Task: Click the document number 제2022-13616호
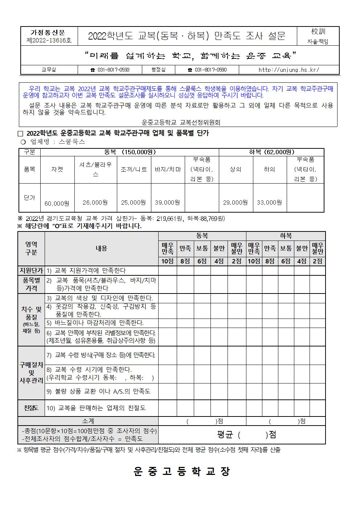(x=49, y=41)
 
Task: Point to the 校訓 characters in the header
(x=318, y=32)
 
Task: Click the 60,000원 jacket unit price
(x=57, y=203)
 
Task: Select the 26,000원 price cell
(x=95, y=202)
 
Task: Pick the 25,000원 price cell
(x=133, y=202)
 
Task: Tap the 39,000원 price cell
(x=167, y=202)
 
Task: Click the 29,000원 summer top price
(x=236, y=202)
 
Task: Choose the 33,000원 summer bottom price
(x=269, y=202)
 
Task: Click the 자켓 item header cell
(x=57, y=169)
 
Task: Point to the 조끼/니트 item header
(x=133, y=169)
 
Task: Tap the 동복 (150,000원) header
(x=130, y=152)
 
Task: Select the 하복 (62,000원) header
(x=271, y=152)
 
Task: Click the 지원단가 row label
(x=31, y=271)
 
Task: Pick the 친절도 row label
(x=31, y=408)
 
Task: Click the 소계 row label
(x=88, y=421)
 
